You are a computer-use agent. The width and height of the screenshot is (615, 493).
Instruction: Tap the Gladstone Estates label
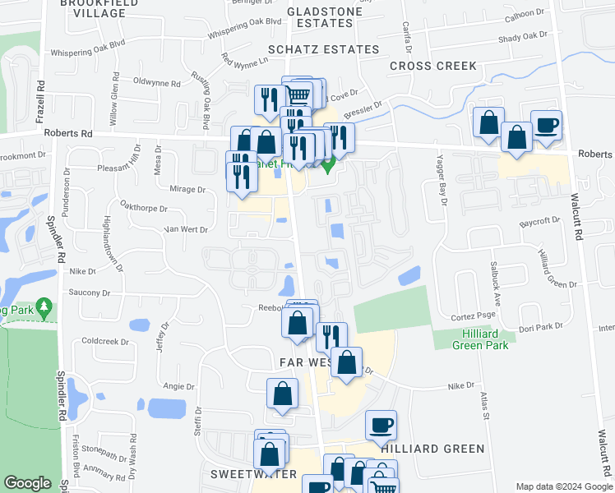click(312, 16)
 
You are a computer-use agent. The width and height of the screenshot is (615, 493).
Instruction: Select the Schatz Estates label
click(316, 49)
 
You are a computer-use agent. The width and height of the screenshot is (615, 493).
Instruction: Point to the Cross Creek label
click(432, 66)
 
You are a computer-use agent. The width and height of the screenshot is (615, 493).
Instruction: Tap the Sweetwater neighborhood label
click(247, 474)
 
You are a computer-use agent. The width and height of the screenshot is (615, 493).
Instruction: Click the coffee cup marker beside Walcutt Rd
click(546, 126)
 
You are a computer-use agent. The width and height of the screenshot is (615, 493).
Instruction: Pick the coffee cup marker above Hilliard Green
click(381, 426)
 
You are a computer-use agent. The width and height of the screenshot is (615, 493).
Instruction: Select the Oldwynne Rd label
click(155, 83)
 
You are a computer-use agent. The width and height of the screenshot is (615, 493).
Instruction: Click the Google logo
click(28, 484)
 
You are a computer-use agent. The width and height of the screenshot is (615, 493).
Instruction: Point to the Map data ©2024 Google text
click(563, 486)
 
